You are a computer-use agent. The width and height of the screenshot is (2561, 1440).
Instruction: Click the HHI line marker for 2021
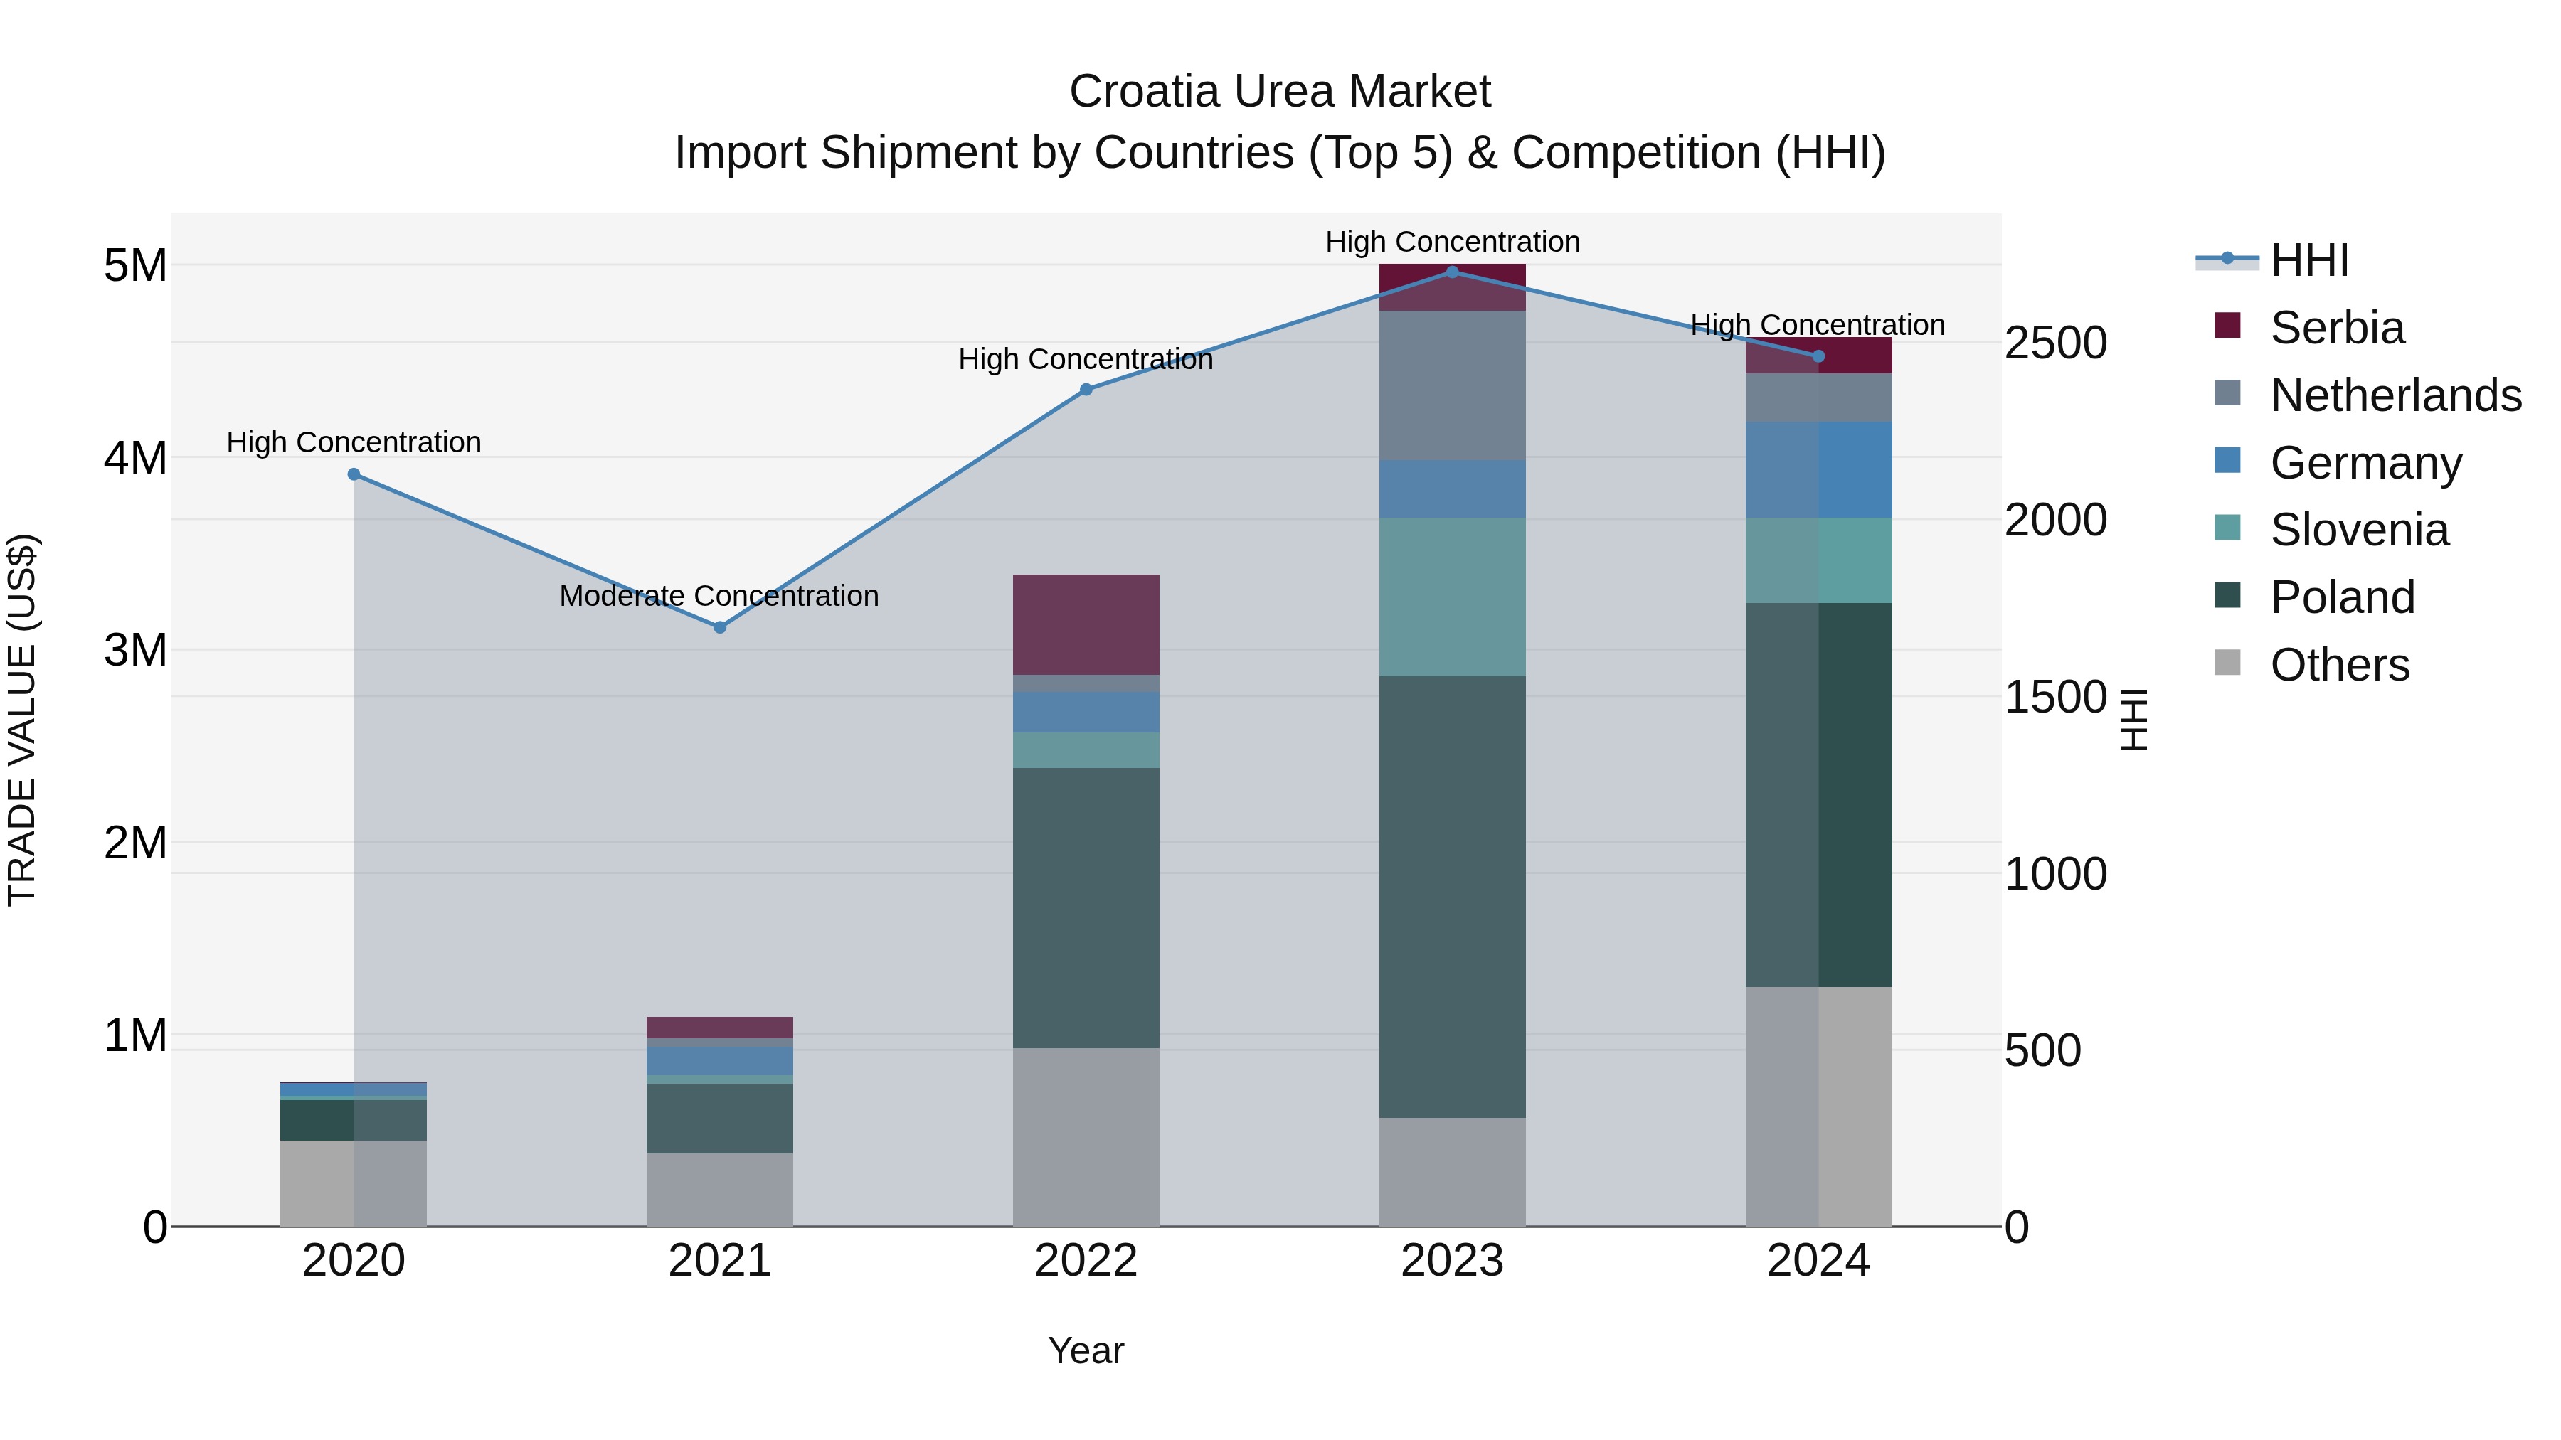[x=720, y=627]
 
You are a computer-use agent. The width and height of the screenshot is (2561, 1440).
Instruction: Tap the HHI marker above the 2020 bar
[x=354, y=475]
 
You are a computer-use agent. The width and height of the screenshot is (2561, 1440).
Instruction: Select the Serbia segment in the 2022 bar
[x=1086, y=624]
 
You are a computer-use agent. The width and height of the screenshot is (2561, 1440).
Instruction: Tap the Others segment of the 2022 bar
[x=1086, y=1137]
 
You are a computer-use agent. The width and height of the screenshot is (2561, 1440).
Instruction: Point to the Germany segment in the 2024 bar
[x=1818, y=469]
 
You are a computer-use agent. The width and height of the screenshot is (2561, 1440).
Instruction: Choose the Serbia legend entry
[x=2336, y=328]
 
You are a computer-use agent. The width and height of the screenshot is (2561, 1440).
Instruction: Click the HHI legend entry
[x=2308, y=260]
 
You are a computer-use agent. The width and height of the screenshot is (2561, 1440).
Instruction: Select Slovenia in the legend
[x=2358, y=530]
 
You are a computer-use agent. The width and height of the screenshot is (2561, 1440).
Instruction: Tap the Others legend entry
[x=2338, y=665]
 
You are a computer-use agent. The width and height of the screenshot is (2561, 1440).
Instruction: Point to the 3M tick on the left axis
[x=135, y=650]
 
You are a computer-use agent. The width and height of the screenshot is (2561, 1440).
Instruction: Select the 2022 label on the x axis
[x=1086, y=1261]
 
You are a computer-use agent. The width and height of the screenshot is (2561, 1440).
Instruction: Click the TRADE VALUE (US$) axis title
[x=22, y=720]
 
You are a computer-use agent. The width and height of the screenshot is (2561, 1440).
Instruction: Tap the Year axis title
[x=1086, y=1350]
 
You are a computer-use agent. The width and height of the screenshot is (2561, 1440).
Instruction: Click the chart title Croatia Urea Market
[x=1280, y=92]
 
